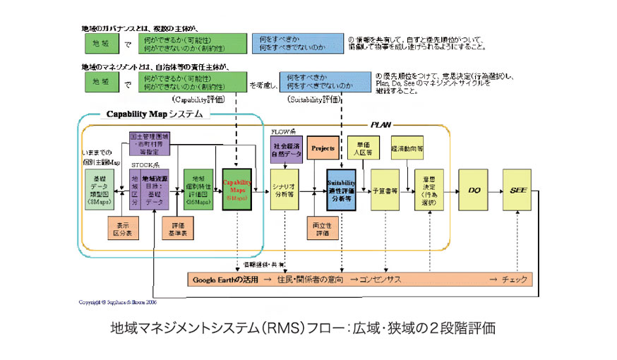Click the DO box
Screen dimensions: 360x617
474,189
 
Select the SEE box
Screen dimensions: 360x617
519,189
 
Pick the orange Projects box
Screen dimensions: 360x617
323,148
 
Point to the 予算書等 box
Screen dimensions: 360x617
385,190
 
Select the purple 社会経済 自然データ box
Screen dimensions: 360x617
286,148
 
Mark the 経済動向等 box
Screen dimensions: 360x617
407,148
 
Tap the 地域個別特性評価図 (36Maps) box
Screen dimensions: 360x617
198,190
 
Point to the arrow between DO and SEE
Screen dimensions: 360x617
496,190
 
